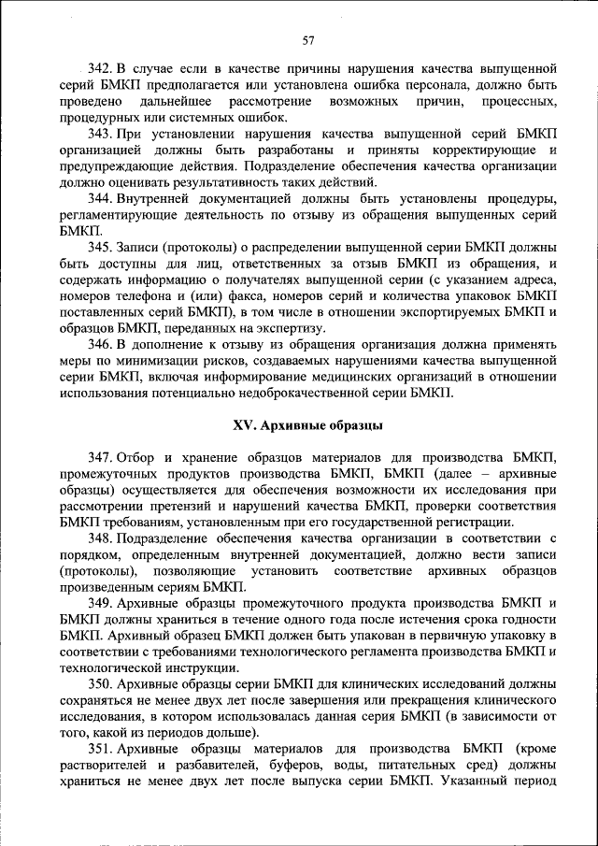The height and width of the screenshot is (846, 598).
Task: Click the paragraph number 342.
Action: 101,69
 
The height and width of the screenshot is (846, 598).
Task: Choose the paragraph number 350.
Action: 101,684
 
